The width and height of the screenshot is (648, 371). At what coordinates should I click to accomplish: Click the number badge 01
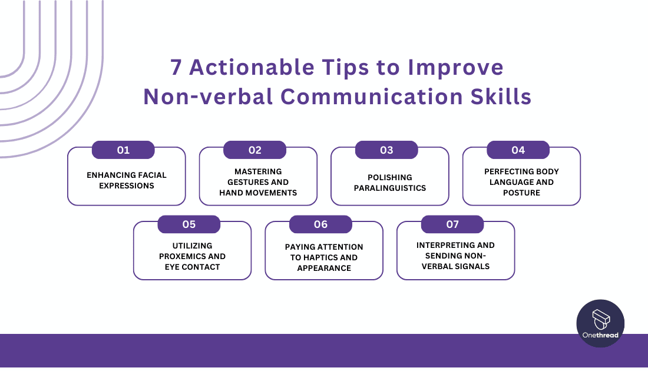(x=123, y=150)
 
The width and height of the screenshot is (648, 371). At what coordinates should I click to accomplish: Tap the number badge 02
(x=254, y=150)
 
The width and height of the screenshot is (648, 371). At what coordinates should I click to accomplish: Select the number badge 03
(x=386, y=150)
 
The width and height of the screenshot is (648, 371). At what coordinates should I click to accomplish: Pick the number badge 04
(x=518, y=150)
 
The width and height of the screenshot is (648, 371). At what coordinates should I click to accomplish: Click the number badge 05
(x=189, y=224)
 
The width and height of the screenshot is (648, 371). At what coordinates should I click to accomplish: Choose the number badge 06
(x=320, y=224)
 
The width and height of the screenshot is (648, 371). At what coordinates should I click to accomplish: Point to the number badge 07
(x=452, y=224)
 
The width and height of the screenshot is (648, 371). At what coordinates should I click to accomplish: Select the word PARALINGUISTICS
(x=390, y=188)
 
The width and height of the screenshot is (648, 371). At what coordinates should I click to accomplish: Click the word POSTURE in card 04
(x=521, y=193)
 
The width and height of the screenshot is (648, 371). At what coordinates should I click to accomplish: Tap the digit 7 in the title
(x=176, y=68)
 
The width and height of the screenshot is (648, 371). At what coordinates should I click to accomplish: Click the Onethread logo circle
(x=600, y=323)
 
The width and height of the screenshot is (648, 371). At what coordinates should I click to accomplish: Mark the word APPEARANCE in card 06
(x=324, y=268)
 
